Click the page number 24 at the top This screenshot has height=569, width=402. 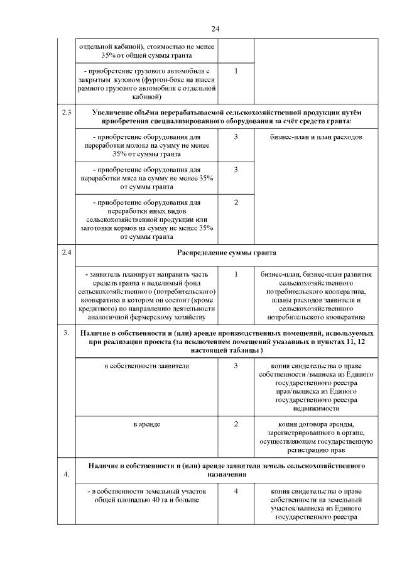tap(215, 29)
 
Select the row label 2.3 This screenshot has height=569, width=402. tap(66, 113)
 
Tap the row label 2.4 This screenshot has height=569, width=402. tap(66, 252)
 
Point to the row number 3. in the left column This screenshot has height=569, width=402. tap(66, 333)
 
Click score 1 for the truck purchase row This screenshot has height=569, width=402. tap(236, 70)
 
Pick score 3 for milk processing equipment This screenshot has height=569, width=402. tap(236, 137)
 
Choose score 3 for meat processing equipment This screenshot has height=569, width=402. tap(236, 170)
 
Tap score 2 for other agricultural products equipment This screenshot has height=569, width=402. tap(236, 202)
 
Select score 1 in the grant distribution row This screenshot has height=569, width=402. tap(236, 274)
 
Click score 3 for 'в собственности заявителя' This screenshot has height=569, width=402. tap(236, 365)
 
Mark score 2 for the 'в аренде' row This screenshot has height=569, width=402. tap(236, 424)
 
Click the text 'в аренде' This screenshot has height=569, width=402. tap(146, 424)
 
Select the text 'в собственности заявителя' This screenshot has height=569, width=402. tap(146, 365)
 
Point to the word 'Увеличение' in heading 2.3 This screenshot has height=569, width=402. tap(112, 112)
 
